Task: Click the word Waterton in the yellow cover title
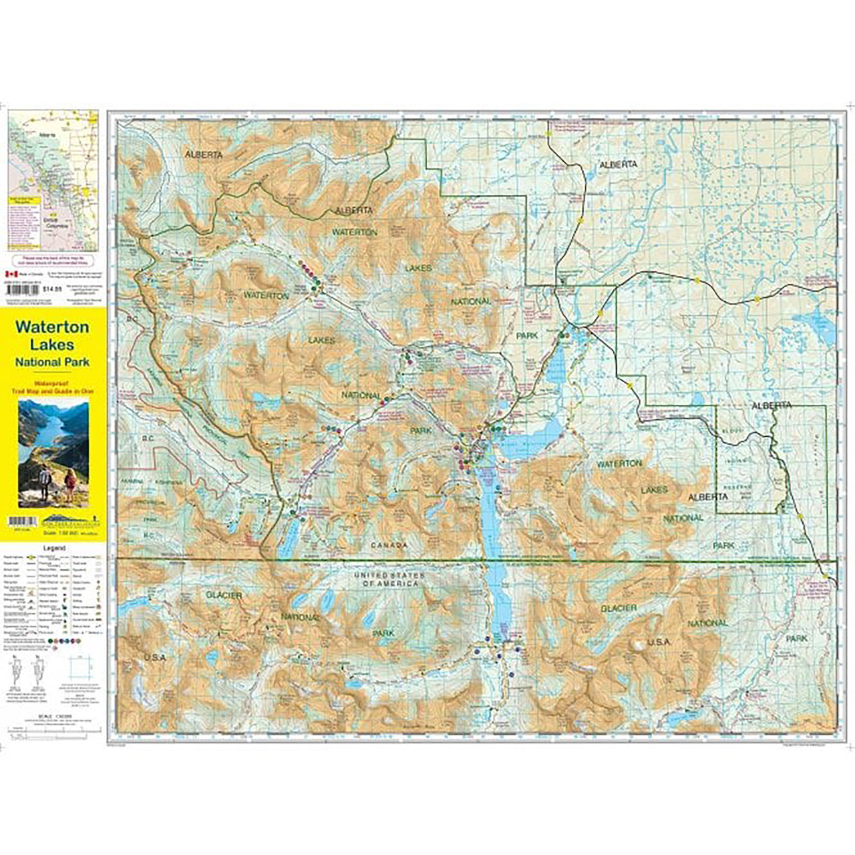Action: tap(52, 327)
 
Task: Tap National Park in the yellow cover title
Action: tap(52, 362)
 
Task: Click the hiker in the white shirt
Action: tap(43, 478)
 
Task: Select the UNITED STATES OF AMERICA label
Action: tap(395, 579)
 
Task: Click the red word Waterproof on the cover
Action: tap(52, 383)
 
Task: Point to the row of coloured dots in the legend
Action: tap(63, 640)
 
